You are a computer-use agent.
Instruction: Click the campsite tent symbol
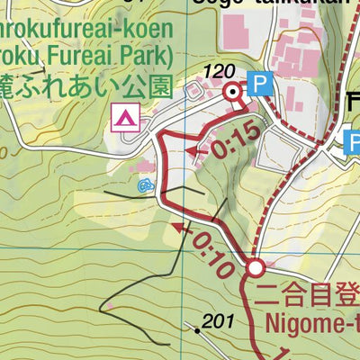[x=124, y=116]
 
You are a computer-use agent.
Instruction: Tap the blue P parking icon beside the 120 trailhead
[x=260, y=84]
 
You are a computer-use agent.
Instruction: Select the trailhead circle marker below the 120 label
[x=233, y=92]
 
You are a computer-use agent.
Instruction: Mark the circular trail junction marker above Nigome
[x=256, y=267]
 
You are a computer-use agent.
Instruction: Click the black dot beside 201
[x=198, y=330]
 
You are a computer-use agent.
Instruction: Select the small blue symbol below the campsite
[x=145, y=186]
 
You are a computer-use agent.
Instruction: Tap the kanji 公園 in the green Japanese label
[x=148, y=87]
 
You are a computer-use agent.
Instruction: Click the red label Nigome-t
[x=310, y=322]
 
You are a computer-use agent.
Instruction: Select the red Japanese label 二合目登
[x=306, y=293]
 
